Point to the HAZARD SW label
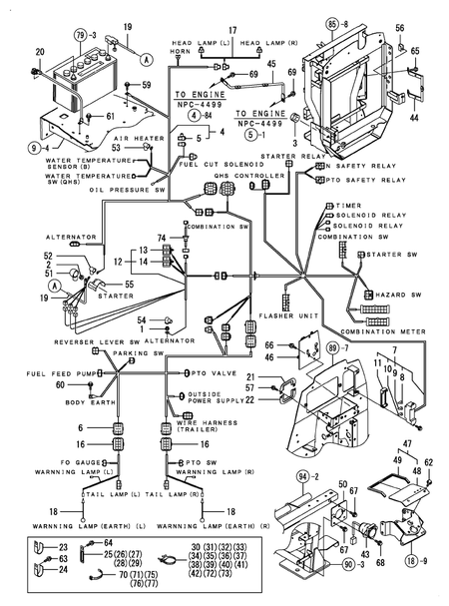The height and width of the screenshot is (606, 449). click(x=394, y=296)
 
